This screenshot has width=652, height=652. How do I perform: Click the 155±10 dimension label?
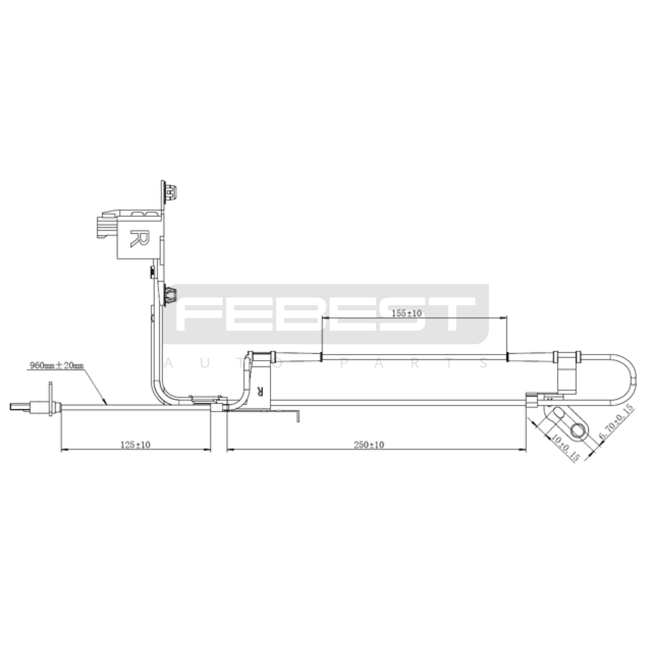tap(406, 313)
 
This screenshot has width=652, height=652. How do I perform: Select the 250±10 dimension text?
tap(369, 445)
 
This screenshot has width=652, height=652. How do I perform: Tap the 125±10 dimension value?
tap(135, 445)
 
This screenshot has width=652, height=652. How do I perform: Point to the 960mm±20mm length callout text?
tap(56, 366)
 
